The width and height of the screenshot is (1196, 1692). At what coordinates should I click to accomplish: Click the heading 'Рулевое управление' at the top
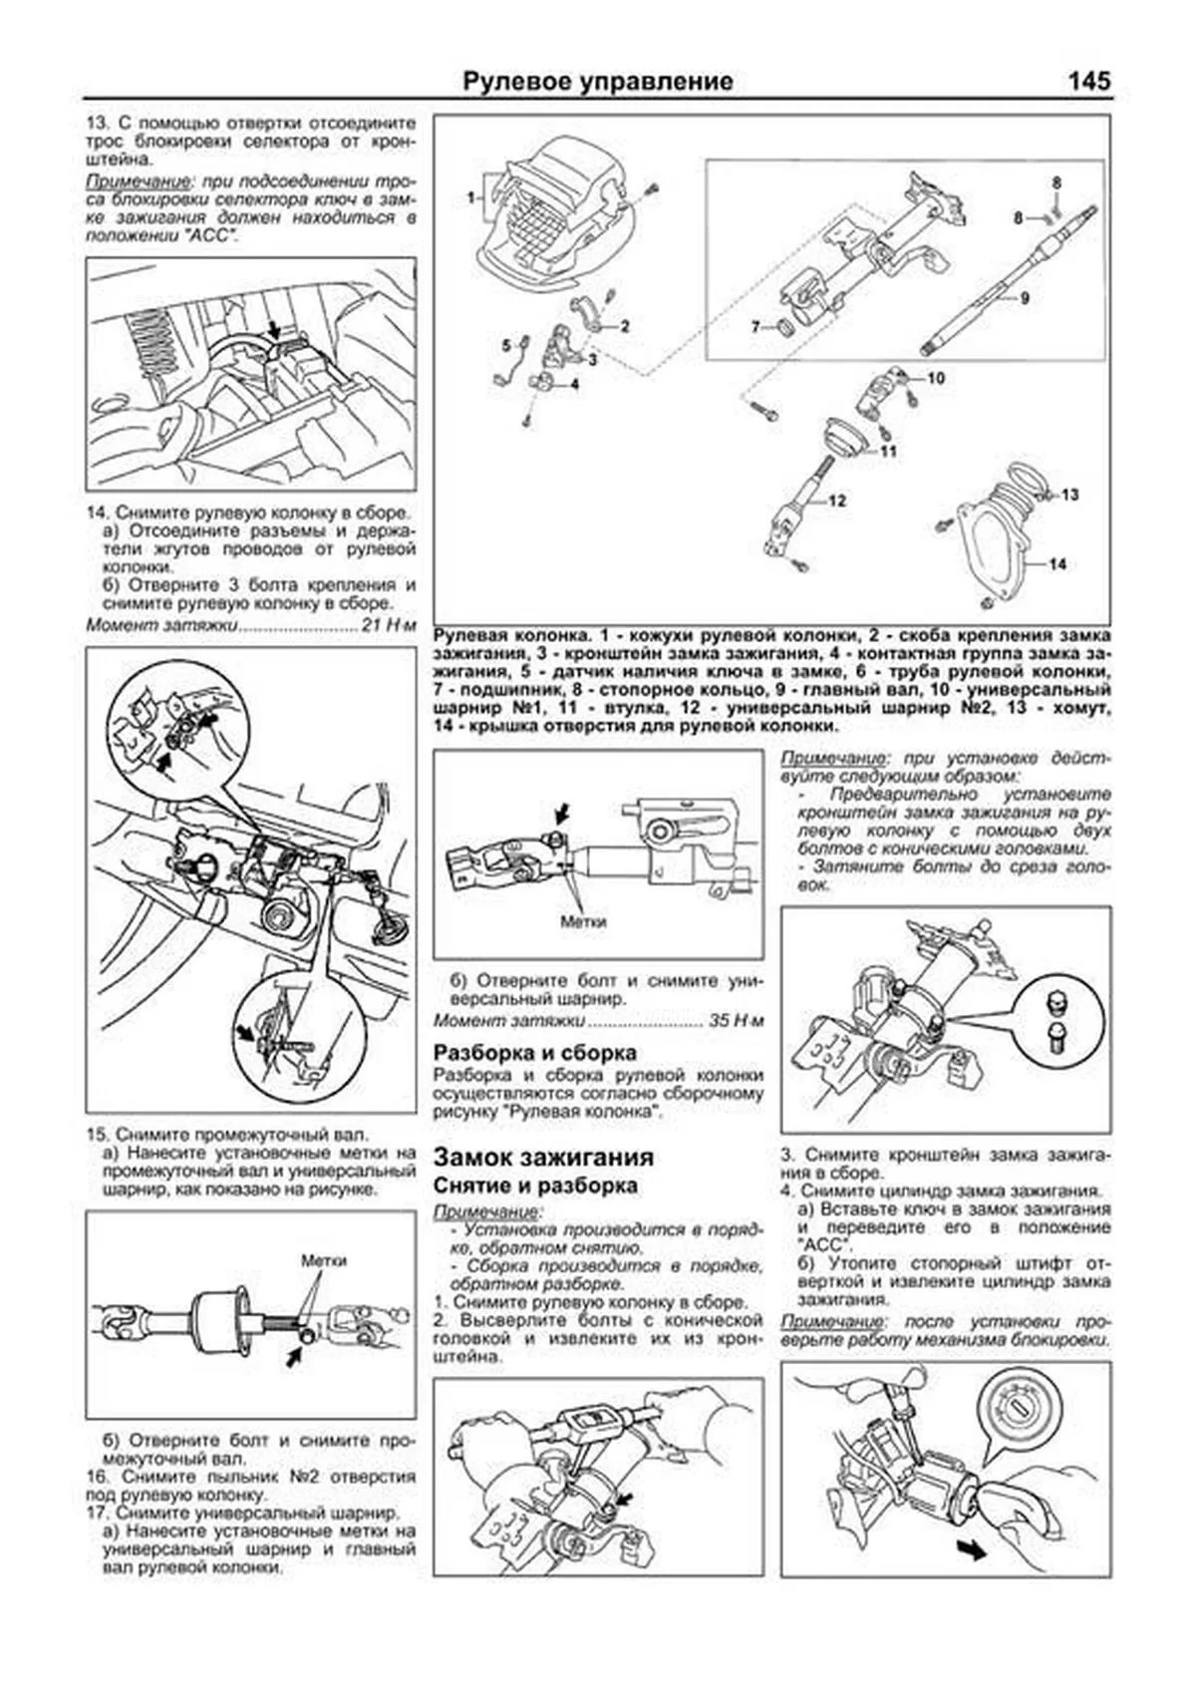click(598, 82)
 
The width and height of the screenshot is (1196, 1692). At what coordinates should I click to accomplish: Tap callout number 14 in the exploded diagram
click(1057, 564)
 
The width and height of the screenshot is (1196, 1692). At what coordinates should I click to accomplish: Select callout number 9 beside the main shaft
click(1024, 297)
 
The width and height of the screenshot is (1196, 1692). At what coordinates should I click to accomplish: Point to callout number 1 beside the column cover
click(470, 197)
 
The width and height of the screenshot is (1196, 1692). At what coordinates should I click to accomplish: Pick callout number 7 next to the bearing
click(755, 326)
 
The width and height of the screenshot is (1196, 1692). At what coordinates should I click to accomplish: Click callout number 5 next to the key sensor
click(505, 346)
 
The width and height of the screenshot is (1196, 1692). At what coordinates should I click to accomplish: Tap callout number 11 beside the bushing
click(888, 451)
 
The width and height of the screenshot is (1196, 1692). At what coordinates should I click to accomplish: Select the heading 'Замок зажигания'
click(543, 1157)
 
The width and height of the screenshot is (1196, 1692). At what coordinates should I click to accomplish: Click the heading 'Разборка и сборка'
click(534, 1053)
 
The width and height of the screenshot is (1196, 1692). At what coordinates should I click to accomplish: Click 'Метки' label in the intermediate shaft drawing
click(324, 1260)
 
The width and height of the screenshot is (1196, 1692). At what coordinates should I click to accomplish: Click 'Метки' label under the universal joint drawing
click(583, 922)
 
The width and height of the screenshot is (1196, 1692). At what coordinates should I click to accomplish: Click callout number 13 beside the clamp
click(1069, 495)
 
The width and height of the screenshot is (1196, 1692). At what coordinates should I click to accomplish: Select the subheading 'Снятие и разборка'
click(535, 1186)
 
